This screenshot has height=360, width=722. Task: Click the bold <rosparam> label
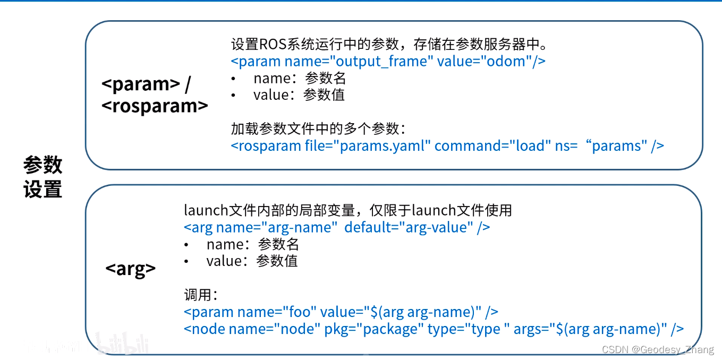pos(155,106)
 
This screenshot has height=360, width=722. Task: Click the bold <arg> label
pos(131,269)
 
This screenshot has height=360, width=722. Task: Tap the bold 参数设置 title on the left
pos(43,176)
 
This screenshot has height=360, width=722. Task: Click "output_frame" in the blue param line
pos(383,62)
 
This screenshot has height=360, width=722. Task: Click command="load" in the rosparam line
pos(492,146)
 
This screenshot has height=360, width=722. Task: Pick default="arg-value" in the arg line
pos(409,227)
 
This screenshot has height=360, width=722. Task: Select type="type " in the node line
pos(469,329)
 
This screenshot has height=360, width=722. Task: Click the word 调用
pos(197,295)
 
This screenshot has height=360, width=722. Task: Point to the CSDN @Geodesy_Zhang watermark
pos(658,349)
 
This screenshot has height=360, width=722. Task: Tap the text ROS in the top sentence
pos(273,44)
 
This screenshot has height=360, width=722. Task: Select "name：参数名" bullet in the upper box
pos(300,78)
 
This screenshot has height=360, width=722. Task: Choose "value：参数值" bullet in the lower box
pos(252,261)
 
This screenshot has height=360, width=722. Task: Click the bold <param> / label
pos(146,84)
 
